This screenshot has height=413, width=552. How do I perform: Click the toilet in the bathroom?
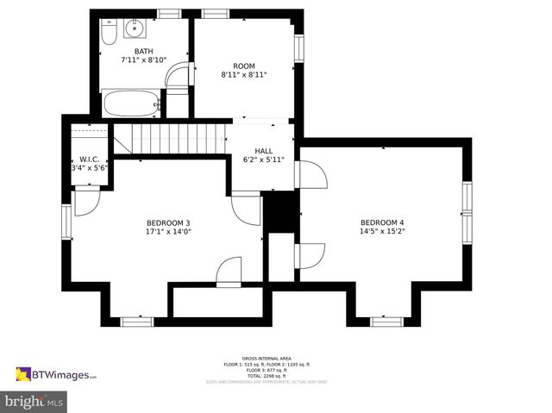coord(109,33)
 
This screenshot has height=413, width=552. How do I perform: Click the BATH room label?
coord(143,51)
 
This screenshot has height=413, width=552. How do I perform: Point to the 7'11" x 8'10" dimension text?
coord(143,60)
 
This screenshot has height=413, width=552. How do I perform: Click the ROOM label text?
coord(244,66)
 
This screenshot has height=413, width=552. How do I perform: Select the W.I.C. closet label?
coord(88,159)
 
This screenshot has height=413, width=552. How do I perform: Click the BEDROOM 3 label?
coord(167,222)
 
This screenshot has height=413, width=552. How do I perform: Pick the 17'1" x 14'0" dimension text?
coord(167,231)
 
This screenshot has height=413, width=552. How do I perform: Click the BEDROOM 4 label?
coord(381,222)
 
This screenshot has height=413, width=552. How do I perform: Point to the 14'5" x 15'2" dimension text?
coord(381,231)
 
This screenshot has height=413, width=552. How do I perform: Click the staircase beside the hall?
coord(169,137)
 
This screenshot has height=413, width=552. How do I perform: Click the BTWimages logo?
coord(56,374)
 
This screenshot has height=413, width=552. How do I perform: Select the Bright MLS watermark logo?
coord(34,402)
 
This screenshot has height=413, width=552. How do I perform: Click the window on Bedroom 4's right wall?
coord(467,212)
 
